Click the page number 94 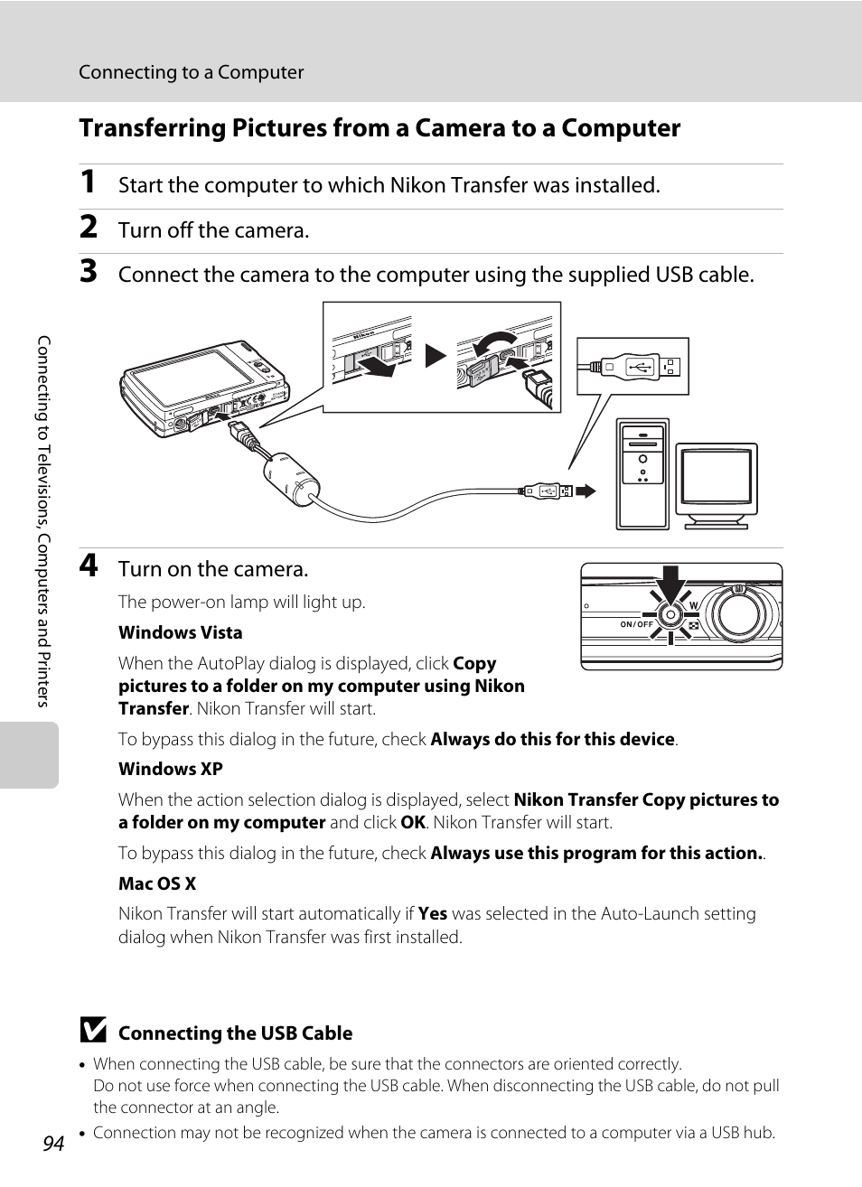pyautogui.click(x=53, y=1143)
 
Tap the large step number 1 pyautogui.click(x=88, y=182)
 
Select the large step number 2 pyautogui.click(x=88, y=228)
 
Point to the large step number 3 pyautogui.click(x=88, y=271)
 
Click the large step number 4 pyautogui.click(x=88, y=565)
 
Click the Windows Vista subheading pyautogui.click(x=180, y=632)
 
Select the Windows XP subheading pyautogui.click(x=170, y=769)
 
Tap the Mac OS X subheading pyautogui.click(x=157, y=883)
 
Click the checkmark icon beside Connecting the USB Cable pyautogui.click(x=92, y=1031)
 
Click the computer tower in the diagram pyautogui.click(x=642, y=473)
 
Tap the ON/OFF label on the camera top pyautogui.click(x=636, y=624)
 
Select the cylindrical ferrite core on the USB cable pyautogui.click(x=291, y=480)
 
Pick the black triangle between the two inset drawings pyautogui.click(x=436, y=355)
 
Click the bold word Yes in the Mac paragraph pyautogui.click(x=433, y=913)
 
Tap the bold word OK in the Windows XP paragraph pyautogui.click(x=413, y=822)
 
